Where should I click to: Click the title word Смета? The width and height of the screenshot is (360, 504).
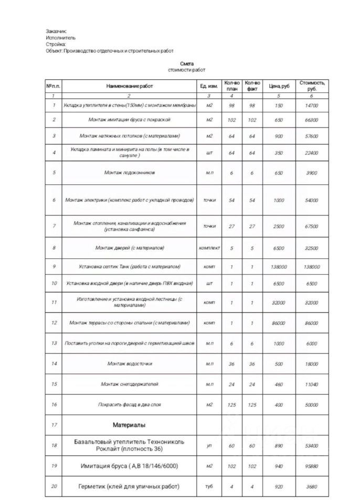pos(186,64)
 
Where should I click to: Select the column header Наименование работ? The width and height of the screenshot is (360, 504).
pos(129,86)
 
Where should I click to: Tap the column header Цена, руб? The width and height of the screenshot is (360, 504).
pos(279,86)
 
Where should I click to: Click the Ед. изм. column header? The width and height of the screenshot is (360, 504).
pos(209,86)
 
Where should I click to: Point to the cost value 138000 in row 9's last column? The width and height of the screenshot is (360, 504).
pos(312,267)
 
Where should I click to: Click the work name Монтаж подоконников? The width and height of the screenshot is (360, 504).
pos(129,172)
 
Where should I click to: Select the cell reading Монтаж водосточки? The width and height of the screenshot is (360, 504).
pos(129,363)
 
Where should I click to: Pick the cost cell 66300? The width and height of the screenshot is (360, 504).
pos(312,120)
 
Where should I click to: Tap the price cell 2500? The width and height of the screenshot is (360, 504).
pos(279,226)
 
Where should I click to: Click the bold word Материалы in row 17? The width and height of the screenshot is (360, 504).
pos(129,424)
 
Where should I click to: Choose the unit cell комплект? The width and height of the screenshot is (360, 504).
pos(209,247)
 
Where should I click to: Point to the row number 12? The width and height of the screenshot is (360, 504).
pos(54,323)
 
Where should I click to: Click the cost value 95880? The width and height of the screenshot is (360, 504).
pos(312,466)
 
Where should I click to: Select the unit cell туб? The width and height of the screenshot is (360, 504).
pos(209,486)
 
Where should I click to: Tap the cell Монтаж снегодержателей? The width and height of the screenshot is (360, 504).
pos(129,384)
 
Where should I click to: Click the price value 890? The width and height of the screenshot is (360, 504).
pos(279,445)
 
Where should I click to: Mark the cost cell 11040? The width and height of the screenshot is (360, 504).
pos(312,384)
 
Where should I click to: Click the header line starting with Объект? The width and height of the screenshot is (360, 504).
pos(109,50)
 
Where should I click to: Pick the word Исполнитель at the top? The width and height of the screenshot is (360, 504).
pos(61,38)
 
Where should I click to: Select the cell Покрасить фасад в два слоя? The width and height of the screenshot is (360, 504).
pos(129,405)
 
